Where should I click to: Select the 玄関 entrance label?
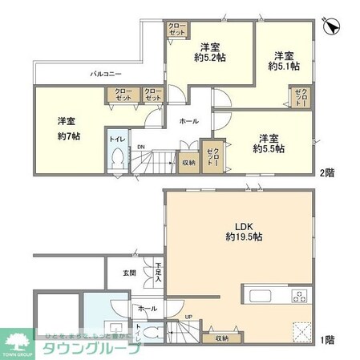coord(129,273)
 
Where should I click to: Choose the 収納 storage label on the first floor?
coord(221,337)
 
